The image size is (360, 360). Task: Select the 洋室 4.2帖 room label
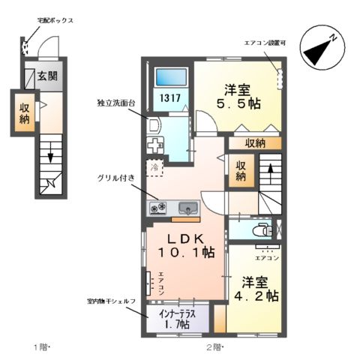click(x=259, y=289)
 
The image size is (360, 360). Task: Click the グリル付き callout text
click(x=115, y=178)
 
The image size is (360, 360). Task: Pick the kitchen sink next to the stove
click(x=187, y=208)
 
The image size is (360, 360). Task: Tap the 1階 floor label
click(x=40, y=347)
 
